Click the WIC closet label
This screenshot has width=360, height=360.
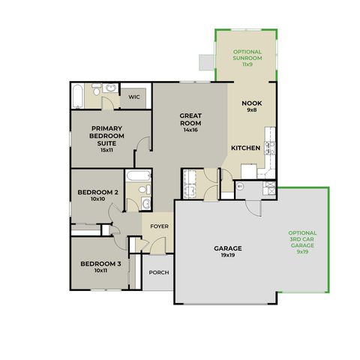tap(134, 97)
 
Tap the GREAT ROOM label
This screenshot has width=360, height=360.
tap(190, 119)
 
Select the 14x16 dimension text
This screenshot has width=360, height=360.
tap(190, 130)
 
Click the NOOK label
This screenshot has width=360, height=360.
tap(252, 103)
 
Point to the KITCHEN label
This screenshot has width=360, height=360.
tap(246, 148)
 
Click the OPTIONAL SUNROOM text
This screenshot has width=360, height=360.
tap(247, 55)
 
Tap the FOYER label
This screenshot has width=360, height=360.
tap(159, 226)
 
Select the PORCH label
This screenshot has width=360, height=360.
tap(159, 272)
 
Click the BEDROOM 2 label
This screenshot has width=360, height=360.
tap(97, 192)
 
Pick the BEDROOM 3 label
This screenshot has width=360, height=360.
tap(100, 264)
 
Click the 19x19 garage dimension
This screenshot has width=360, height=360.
tap(228, 255)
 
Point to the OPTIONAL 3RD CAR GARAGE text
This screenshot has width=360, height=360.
tap(302, 239)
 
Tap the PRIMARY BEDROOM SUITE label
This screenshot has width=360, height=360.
tap(106, 136)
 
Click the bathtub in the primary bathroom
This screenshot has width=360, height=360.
tap(77, 97)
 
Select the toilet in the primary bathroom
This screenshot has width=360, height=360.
tap(97, 90)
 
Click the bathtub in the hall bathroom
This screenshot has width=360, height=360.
tap(139, 175)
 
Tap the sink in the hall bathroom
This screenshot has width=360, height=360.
tap(145, 202)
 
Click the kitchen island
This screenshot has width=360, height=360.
tap(249, 171)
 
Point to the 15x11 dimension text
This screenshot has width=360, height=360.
tap(106, 150)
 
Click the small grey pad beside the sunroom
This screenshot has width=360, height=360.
tap(207, 62)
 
